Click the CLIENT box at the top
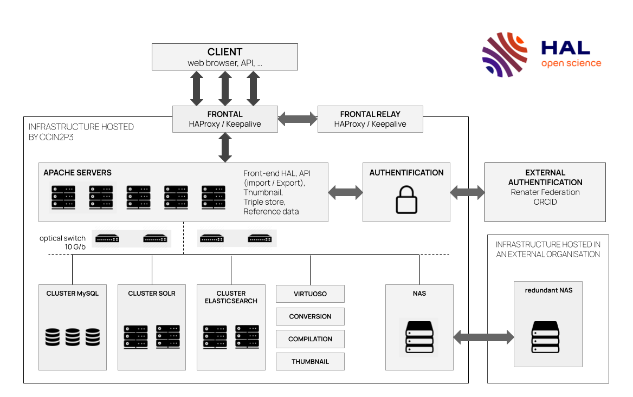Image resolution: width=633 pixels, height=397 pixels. pyautogui.click(x=224, y=57)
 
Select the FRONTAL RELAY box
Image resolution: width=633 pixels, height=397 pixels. pyautogui.click(x=370, y=119)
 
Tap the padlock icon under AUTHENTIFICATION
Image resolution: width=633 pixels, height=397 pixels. pyautogui.click(x=406, y=199)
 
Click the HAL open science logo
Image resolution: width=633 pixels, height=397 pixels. pyautogui.click(x=541, y=55)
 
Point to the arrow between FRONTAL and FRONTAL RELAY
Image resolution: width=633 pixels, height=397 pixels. pyautogui.click(x=298, y=119)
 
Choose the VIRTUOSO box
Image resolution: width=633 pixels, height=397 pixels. pyautogui.click(x=310, y=294)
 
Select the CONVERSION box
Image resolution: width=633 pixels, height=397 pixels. pyautogui.click(x=310, y=316)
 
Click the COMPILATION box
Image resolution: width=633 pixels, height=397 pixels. pyautogui.click(x=310, y=339)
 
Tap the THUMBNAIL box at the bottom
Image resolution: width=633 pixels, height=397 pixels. pyautogui.click(x=310, y=361)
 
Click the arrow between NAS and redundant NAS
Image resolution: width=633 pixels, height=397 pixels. pyautogui.click(x=483, y=337)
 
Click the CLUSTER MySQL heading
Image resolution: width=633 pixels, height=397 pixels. pyautogui.click(x=72, y=294)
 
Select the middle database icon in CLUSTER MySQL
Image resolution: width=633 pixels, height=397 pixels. pyautogui.click(x=73, y=337)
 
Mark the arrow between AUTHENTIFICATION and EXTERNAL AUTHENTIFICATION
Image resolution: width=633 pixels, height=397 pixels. pyautogui.click(x=467, y=192)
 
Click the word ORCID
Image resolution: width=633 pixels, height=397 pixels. pyautogui.click(x=545, y=202)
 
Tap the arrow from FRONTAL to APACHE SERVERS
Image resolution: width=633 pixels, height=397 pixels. pyautogui.click(x=225, y=147)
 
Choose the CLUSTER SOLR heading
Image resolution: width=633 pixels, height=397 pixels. pyautogui.click(x=152, y=294)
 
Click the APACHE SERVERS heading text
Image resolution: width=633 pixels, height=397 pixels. pyautogui.click(x=77, y=173)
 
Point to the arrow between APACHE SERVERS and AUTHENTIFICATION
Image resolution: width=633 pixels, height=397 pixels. pyautogui.click(x=345, y=192)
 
